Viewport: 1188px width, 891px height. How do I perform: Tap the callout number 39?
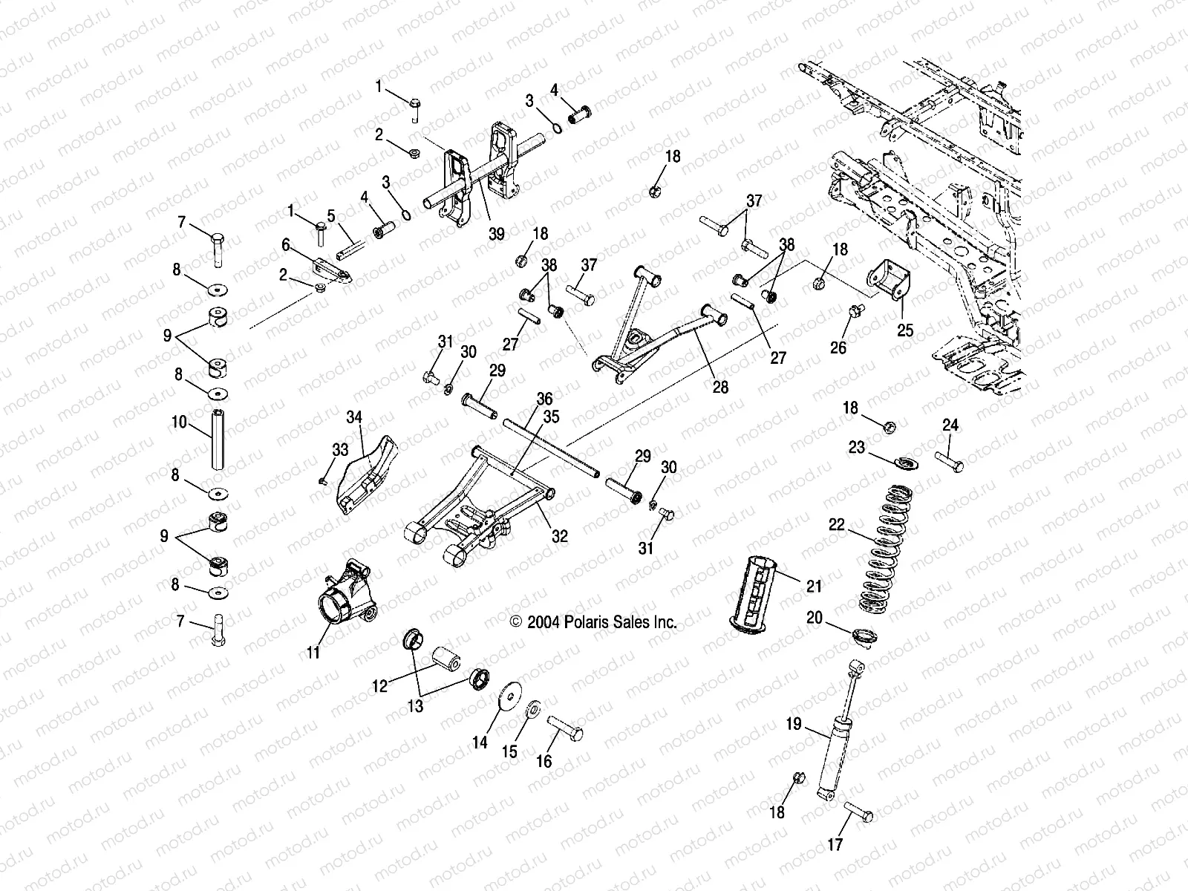click(x=496, y=233)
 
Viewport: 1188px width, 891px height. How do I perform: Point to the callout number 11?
click(x=313, y=653)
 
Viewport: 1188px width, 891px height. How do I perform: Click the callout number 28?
click(x=719, y=387)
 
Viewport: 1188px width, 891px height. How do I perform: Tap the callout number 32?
click(x=559, y=535)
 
